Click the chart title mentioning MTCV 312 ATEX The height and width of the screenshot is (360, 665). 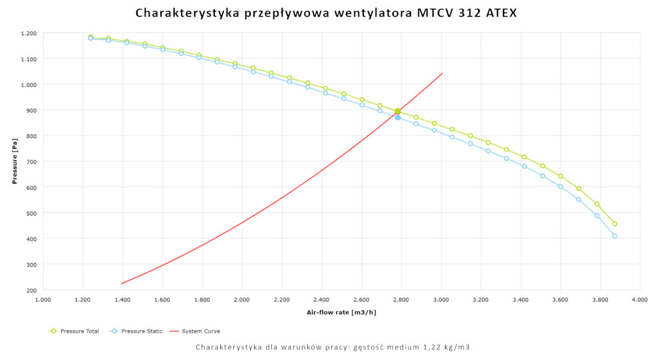pyautogui.click(x=326, y=13)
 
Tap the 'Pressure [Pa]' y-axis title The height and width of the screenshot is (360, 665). pyautogui.click(x=15, y=162)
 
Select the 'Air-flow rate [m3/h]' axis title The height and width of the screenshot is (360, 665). pyautogui.click(x=341, y=312)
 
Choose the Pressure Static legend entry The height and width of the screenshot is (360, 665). pyautogui.click(x=137, y=331)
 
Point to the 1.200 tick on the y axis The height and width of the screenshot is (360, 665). pyautogui.click(x=29, y=33)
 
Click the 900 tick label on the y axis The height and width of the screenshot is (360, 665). pyautogui.click(x=31, y=110)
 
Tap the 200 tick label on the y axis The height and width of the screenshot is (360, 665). pyautogui.click(x=31, y=290)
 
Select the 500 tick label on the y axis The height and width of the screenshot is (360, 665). pyautogui.click(x=31, y=213)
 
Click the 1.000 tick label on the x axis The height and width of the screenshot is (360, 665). pyautogui.click(x=43, y=300)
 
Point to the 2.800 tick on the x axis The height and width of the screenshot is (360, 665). pyautogui.click(x=401, y=300)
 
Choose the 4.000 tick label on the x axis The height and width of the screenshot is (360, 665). pyautogui.click(x=640, y=300)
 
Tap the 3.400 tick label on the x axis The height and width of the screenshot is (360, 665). pyautogui.click(x=521, y=300)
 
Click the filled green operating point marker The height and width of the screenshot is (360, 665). pyautogui.click(x=398, y=111)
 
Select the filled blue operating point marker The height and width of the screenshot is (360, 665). pyautogui.click(x=398, y=117)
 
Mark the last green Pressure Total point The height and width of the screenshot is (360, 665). pyautogui.click(x=614, y=224)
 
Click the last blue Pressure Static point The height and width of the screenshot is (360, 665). pyautogui.click(x=614, y=236)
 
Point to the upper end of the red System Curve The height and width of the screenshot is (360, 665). pyautogui.click(x=442, y=73)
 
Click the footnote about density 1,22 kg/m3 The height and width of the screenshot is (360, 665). pyautogui.click(x=333, y=347)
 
